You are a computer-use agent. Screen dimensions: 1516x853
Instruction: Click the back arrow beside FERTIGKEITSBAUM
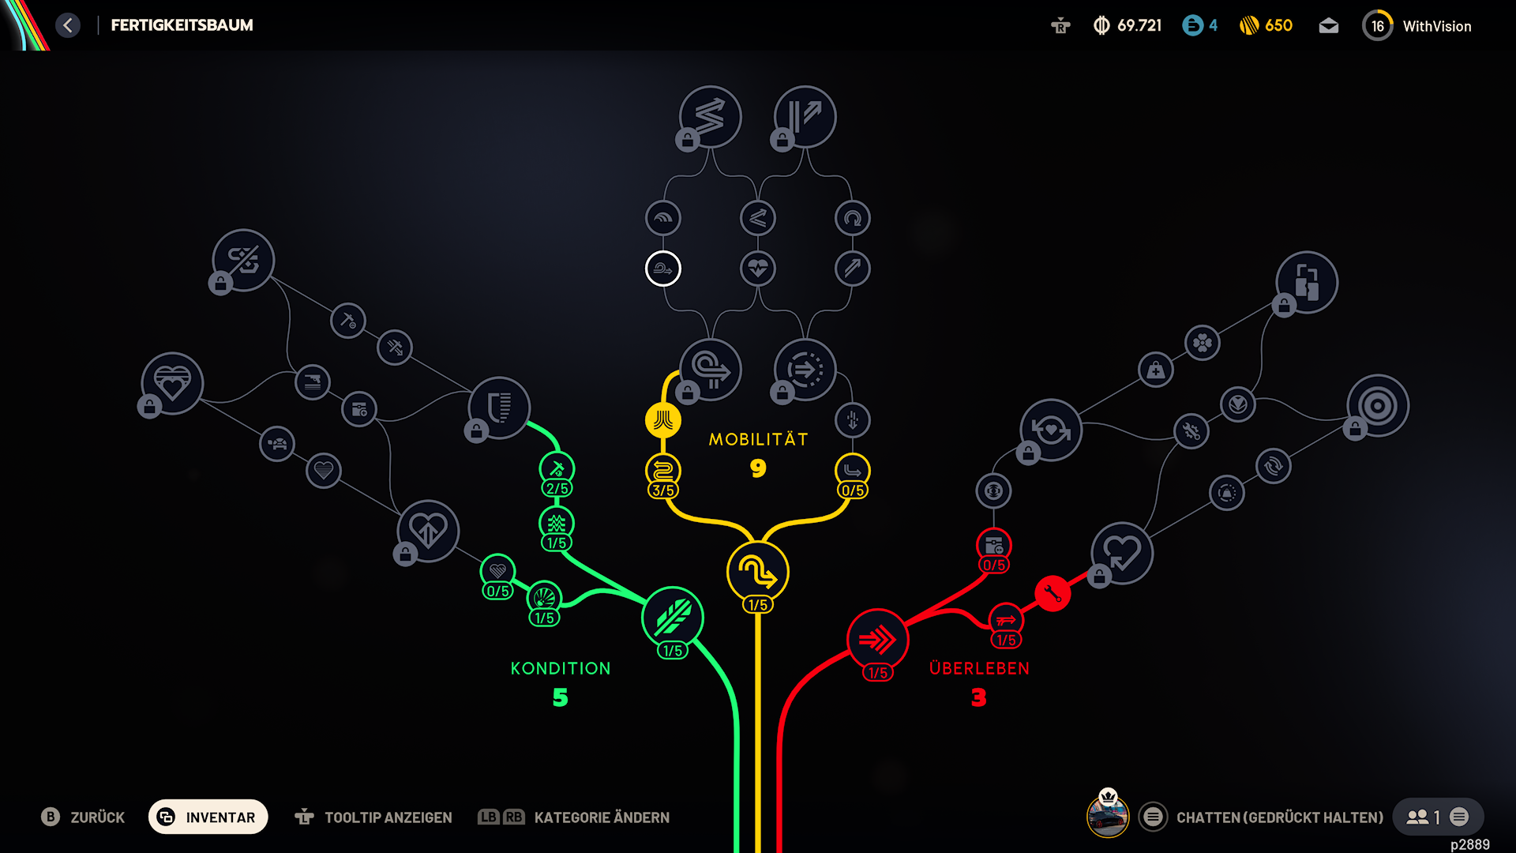(x=68, y=25)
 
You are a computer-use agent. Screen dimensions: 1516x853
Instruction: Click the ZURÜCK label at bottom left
(x=98, y=817)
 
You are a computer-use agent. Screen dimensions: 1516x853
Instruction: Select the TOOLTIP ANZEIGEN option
(x=388, y=817)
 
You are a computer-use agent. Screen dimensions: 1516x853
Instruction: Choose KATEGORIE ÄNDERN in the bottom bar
(x=602, y=817)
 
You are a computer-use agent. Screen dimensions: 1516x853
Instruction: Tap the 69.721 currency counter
(x=1139, y=25)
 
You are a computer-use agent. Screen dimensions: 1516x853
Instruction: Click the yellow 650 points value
(x=1278, y=25)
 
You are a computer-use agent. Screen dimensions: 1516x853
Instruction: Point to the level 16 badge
(x=1378, y=25)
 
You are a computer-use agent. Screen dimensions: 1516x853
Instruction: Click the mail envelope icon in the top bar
(x=1329, y=26)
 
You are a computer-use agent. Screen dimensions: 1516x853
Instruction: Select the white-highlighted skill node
(x=663, y=269)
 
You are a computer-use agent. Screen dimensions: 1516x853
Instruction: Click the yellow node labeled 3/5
(x=663, y=472)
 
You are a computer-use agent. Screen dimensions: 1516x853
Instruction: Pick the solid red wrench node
(x=1053, y=593)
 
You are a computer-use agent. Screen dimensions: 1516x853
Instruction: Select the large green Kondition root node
(x=673, y=618)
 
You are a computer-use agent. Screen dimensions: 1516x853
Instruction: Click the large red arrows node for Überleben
(x=877, y=640)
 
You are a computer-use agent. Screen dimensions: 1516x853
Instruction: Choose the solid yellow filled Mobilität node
(x=663, y=420)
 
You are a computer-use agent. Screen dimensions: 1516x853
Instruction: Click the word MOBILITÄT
(x=758, y=439)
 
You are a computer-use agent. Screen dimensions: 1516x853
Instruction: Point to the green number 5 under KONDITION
(x=561, y=697)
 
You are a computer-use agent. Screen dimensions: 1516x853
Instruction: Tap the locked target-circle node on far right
(x=1378, y=406)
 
